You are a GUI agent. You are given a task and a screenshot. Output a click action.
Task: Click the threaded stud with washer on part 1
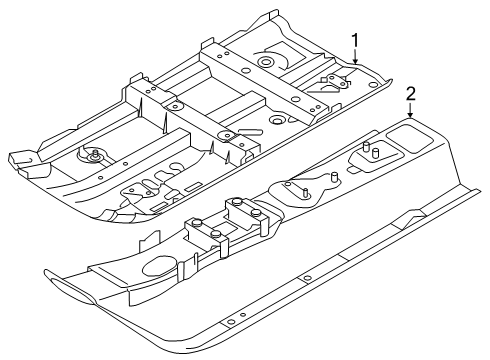(x=95, y=155)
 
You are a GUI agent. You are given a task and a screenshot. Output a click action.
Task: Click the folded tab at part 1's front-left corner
(x=22, y=159)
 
